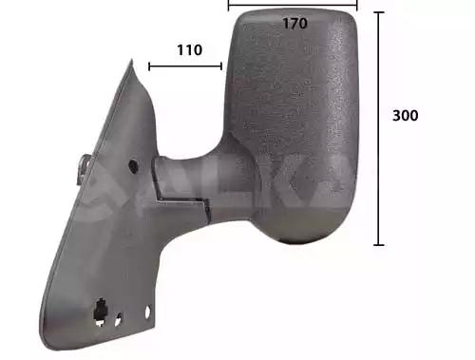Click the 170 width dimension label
coord(294,24)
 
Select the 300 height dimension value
coord(406,115)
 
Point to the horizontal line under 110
coord(185,66)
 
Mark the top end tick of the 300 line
coord(379,12)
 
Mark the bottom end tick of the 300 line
coord(379,244)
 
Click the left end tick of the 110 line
coord(149,66)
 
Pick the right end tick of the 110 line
coord(221,66)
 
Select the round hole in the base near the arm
coord(132,165)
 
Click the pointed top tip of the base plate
coord(132,64)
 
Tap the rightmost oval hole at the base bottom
coord(147,313)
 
